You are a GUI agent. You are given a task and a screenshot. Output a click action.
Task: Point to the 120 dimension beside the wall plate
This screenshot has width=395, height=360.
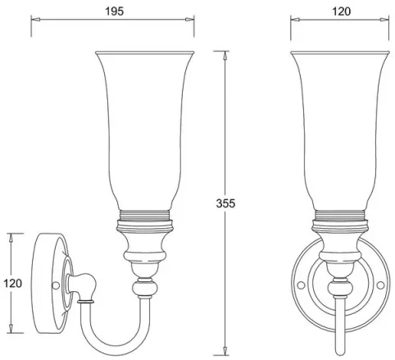click(11, 283)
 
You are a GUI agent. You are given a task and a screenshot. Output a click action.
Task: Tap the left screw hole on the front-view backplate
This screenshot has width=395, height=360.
click(300, 285)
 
